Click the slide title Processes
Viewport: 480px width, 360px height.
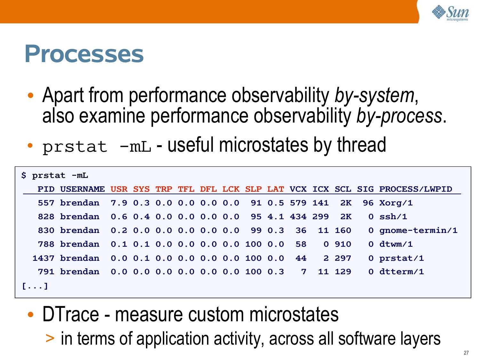pyautogui.click(x=84, y=54)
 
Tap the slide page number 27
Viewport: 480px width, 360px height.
pyautogui.click(x=466, y=353)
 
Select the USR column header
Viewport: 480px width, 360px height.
pyautogui.click(x=119, y=189)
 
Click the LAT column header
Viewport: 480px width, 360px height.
pyautogui.click(x=276, y=189)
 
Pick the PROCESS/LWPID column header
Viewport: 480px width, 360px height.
pyautogui.click(x=415, y=189)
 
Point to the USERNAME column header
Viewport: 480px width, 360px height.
pyautogui.click(x=83, y=189)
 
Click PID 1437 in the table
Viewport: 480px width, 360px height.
pyautogui.click(x=44, y=258)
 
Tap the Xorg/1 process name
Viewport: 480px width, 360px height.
pyautogui.click(x=396, y=203)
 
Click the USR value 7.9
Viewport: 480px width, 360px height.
pyautogui.click(x=119, y=203)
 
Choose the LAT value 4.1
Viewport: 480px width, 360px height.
pyautogui.click(x=276, y=217)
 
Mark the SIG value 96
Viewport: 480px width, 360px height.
pyautogui.click(x=368, y=203)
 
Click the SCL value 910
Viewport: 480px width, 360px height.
pyautogui.click(x=343, y=244)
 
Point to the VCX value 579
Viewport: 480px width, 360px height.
pyautogui.click(x=298, y=203)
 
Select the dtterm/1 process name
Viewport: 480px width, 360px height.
pyautogui.click(x=402, y=272)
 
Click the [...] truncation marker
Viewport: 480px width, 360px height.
pyautogui.click(x=35, y=286)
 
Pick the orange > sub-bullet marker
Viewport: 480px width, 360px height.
pyautogui.click(x=50, y=338)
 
